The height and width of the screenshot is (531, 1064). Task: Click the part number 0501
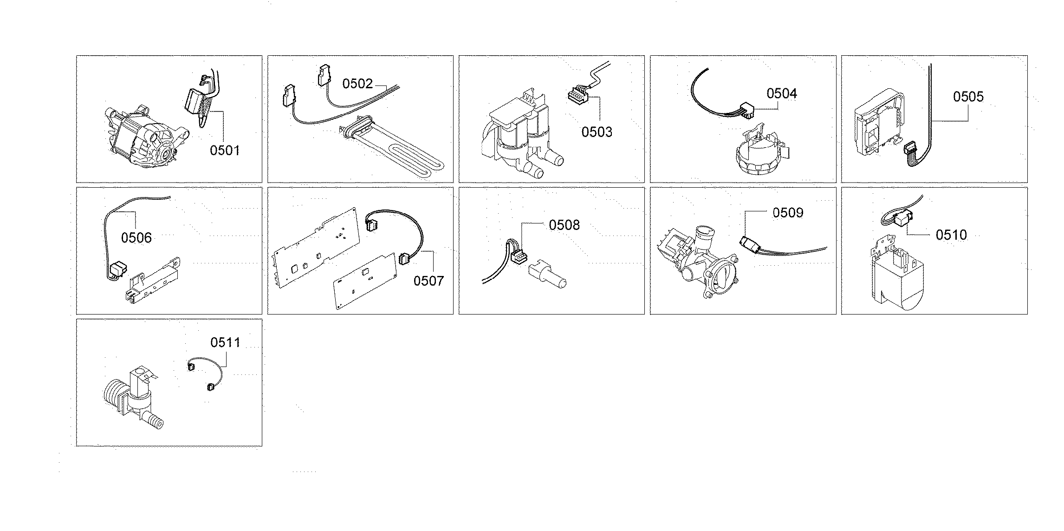click(225, 151)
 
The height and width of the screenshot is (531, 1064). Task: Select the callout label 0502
click(357, 84)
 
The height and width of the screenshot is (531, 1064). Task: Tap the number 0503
click(597, 132)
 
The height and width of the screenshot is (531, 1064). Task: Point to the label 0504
click(782, 94)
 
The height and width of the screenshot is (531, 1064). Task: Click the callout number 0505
click(968, 97)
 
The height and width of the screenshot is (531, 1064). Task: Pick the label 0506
click(136, 238)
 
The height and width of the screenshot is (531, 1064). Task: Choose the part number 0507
click(428, 281)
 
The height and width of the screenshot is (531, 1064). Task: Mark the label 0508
click(564, 225)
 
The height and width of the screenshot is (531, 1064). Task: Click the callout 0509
click(788, 213)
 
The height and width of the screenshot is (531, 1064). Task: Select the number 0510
click(951, 235)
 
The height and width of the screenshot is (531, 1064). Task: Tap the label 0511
click(225, 343)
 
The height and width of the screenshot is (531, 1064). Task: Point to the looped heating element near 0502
click(395, 149)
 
